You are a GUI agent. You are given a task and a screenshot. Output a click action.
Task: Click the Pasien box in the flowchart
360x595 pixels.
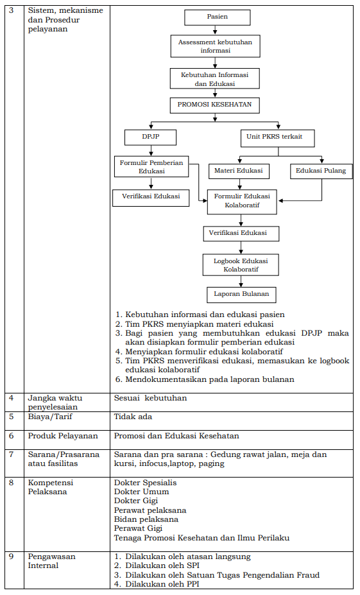[218, 17]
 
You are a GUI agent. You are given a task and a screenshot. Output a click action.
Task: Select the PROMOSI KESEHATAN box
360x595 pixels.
[215, 105]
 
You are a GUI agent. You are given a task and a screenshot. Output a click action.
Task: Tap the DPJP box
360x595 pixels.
[150, 137]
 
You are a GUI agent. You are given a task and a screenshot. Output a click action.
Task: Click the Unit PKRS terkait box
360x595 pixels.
[278, 138]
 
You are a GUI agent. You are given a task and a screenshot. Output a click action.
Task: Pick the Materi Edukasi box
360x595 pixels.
[239, 171]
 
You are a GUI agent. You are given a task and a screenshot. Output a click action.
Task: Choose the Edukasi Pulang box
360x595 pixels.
[321, 171]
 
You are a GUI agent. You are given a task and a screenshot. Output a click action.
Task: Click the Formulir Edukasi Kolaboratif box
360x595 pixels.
[242, 202]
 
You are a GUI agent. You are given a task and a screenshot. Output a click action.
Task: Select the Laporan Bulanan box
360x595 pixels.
[241, 295]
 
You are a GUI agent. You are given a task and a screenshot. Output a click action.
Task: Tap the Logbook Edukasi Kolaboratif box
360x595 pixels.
[241, 265]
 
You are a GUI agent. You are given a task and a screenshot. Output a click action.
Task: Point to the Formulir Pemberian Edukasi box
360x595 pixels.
[151, 167]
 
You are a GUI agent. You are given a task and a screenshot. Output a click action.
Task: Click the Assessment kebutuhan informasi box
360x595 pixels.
[216, 46]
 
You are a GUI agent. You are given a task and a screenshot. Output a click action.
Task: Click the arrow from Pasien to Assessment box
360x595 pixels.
[215, 30]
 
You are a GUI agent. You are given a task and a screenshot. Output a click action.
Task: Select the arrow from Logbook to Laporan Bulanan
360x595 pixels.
[241, 281]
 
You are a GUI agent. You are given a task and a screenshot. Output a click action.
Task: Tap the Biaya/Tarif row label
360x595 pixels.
[50, 417]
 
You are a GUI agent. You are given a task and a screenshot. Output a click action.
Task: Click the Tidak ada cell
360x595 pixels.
[133, 417]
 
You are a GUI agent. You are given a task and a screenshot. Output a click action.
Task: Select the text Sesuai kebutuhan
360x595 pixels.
[151, 398]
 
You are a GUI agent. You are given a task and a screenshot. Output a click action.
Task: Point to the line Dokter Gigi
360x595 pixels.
[136, 501]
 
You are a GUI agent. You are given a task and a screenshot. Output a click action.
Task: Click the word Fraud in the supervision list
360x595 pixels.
[307, 575]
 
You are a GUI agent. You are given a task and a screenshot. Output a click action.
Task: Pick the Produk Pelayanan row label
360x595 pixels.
[63, 436]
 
